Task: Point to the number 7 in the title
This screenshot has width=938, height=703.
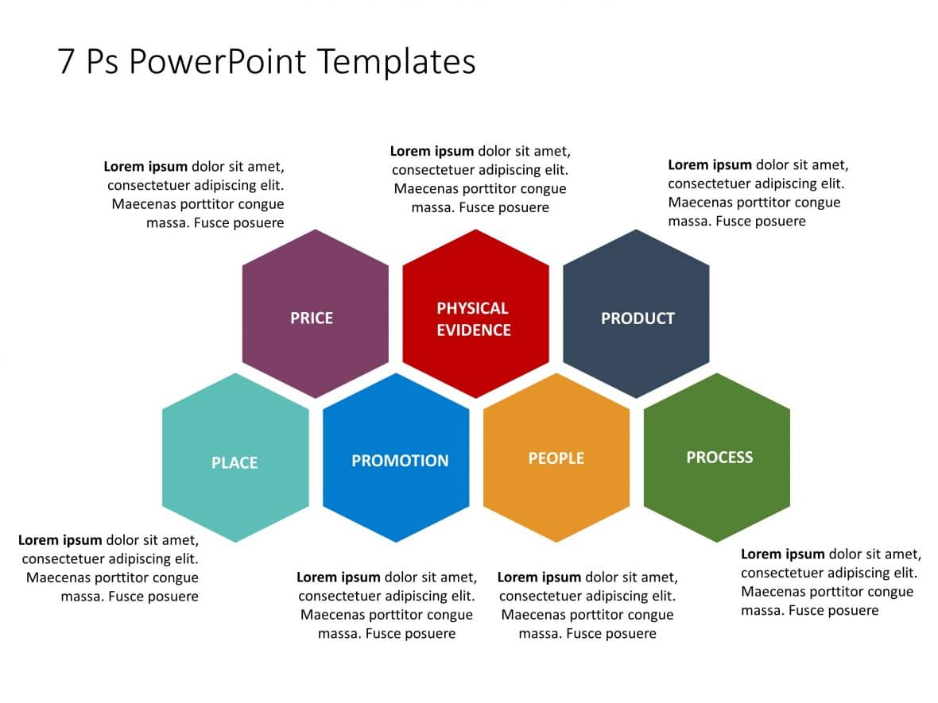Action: click(67, 62)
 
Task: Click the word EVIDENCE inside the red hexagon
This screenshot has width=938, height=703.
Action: click(474, 330)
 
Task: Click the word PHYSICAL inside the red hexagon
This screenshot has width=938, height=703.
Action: click(472, 308)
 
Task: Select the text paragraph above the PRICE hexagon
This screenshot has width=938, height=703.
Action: click(195, 195)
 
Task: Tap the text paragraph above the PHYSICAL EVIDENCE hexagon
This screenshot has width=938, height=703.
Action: click(480, 179)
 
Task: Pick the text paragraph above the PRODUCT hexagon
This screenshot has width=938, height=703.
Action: click(757, 193)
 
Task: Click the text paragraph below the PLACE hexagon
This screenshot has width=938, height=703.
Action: click(110, 568)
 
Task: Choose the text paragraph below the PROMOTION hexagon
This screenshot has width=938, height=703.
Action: click(387, 605)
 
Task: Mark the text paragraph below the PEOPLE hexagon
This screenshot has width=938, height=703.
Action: click(587, 605)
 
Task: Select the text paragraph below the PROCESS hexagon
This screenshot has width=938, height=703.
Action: click(830, 581)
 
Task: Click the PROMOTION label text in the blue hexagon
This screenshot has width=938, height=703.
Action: click(400, 461)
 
